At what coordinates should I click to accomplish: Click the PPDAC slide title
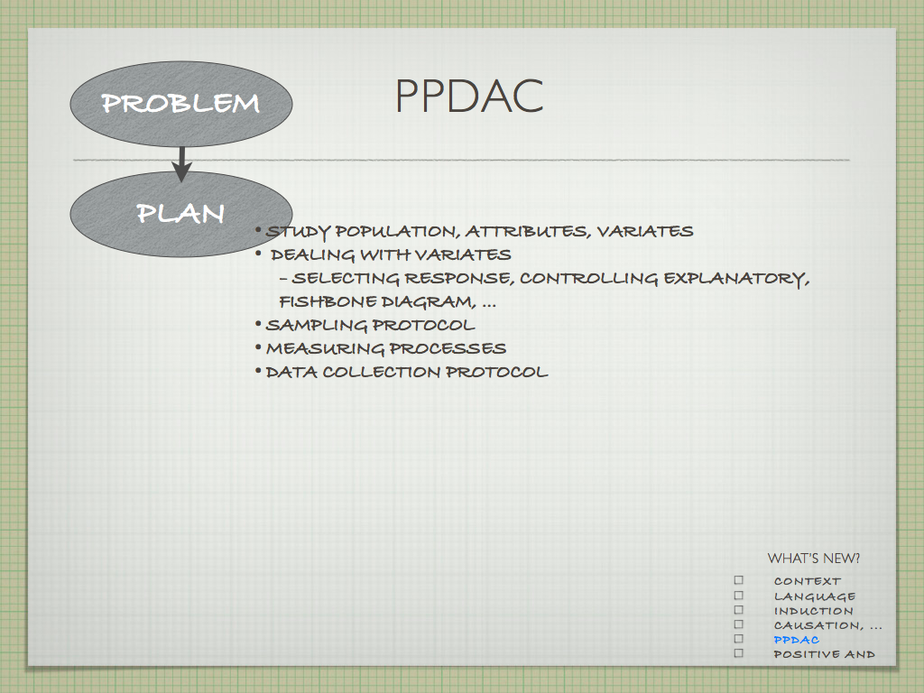click(x=469, y=96)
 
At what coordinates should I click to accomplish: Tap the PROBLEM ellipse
click(x=181, y=104)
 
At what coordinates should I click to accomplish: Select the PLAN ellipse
click(x=181, y=214)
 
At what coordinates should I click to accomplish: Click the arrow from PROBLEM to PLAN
click(x=181, y=164)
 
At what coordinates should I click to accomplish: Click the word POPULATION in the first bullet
click(x=397, y=232)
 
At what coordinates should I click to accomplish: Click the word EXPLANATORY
click(x=736, y=278)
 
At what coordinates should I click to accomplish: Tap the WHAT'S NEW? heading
click(x=813, y=558)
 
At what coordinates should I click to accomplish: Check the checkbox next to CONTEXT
click(x=739, y=580)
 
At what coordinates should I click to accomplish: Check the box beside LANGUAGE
click(x=739, y=596)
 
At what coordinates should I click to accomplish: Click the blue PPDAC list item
click(x=796, y=640)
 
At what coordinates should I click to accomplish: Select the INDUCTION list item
click(x=813, y=611)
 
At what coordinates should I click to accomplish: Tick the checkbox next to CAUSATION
click(x=739, y=624)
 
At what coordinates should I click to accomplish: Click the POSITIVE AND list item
click(x=824, y=654)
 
